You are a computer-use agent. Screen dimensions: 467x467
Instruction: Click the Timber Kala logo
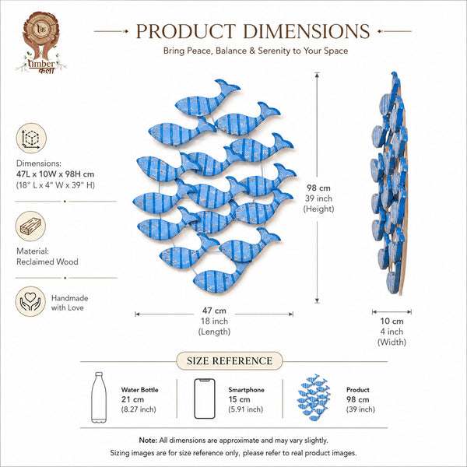pyautogui.click(x=41, y=43)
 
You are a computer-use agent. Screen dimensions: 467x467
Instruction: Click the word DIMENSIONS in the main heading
pyautogui.click(x=307, y=31)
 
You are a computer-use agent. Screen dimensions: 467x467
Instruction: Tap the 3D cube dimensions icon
pyautogui.click(x=31, y=139)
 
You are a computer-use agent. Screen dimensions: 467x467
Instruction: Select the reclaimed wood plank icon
pyautogui.click(x=30, y=226)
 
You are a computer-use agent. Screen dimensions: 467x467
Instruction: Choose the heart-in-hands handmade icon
pyautogui.click(x=30, y=301)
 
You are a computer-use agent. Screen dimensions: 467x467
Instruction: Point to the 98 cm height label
pyautogui.click(x=318, y=188)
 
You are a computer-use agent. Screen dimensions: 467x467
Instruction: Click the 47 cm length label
pyautogui.click(x=214, y=311)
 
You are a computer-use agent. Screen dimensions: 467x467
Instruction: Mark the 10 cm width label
pyautogui.click(x=392, y=321)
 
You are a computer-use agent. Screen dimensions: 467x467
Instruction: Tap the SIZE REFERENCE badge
pyautogui.click(x=230, y=360)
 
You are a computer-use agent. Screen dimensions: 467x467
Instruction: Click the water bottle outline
pyautogui.click(x=99, y=397)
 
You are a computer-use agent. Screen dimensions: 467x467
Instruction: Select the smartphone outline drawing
pyautogui.click(x=205, y=399)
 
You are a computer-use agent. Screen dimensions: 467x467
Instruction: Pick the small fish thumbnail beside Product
pyautogui.click(x=314, y=397)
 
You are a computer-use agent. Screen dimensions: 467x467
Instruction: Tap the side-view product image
pyautogui.click(x=389, y=183)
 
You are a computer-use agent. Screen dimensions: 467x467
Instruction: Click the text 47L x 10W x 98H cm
pyautogui.click(x=55, y=174)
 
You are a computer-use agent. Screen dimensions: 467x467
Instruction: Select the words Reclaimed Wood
pyautogui.click(x=47, y=262)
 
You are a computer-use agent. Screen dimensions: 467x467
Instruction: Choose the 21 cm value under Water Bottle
pyautogui.click(x=132, y=399)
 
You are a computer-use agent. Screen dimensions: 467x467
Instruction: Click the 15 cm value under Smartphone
pyautogui.click(x=239, y=399)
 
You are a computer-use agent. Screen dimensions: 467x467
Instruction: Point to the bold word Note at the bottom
pyautogui.click(x=148, y=441)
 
